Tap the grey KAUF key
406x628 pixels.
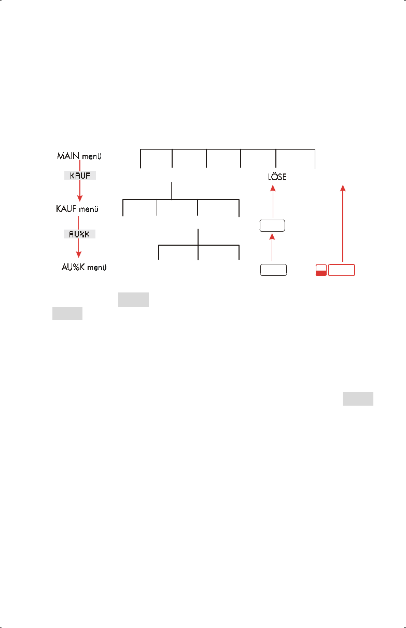pyautogui.click(x=80, y=176)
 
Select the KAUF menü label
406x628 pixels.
pyautogui.click(x=78, y=209)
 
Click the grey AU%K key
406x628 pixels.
pyautogui.click(x=80, y=234)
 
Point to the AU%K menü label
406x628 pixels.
pyautogui.click(x=84, y=268)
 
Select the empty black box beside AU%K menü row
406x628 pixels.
pyautogui.click(x=273, y=270)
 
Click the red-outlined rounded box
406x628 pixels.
pyautogui.click(x=342, y=270)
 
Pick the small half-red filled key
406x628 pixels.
pyautogui.click(x=321, y=270)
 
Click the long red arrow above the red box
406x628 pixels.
pyautogui.click(x=342, y=223)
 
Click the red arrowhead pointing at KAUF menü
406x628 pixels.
pyautogui.click(x=80, y=198)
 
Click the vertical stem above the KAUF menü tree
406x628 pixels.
pyautogui.click(x=172, y=190)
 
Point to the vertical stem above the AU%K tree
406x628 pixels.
pyautogui.click(x=198, y=236)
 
